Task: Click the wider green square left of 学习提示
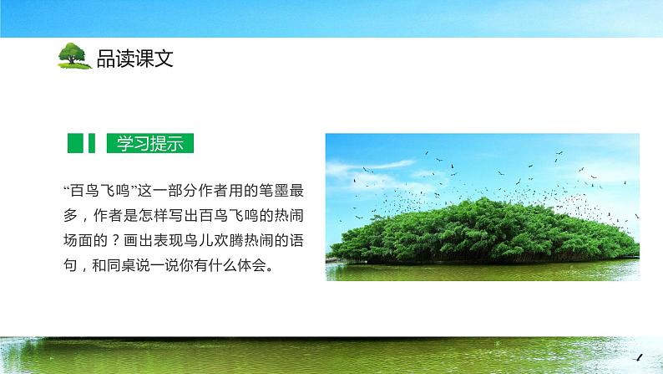(x=74, y=143)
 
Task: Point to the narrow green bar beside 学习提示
(x=93, y=143)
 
